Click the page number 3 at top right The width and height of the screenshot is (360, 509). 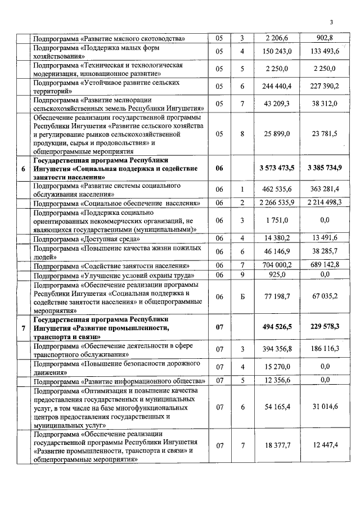coord(332,22)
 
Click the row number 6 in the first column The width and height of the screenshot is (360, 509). coord(23,168)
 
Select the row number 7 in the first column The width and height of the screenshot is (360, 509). coord(23,327)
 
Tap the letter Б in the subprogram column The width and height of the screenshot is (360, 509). coord(242,296)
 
